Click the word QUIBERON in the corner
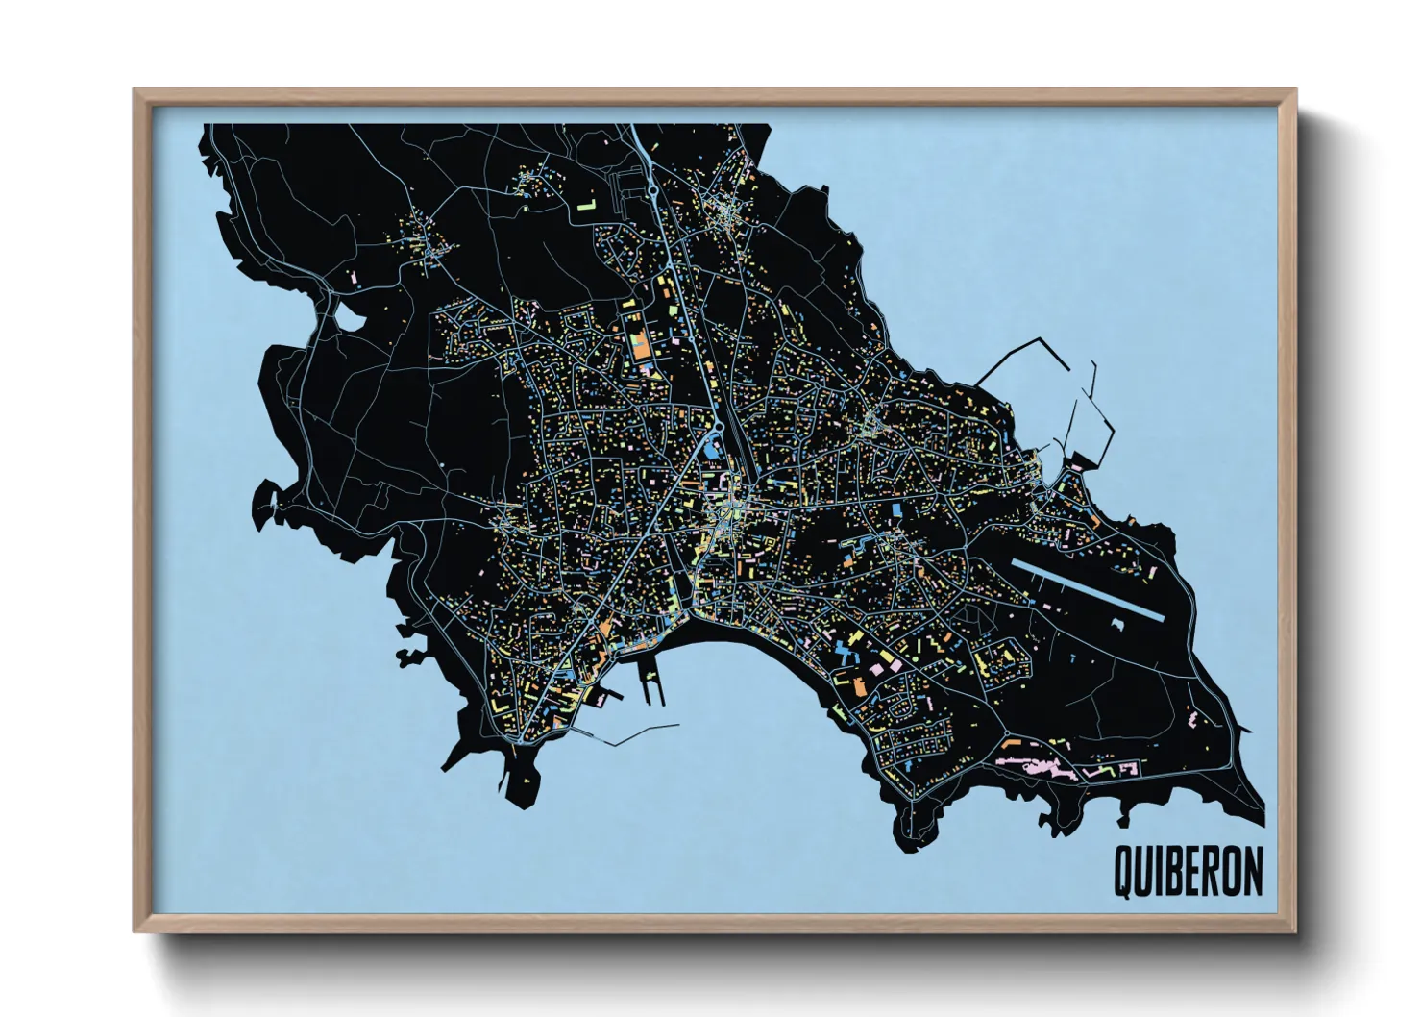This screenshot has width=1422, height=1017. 1188,872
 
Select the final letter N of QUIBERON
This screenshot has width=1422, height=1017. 1252,872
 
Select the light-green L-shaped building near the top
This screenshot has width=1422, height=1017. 587,204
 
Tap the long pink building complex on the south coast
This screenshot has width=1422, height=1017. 1038,766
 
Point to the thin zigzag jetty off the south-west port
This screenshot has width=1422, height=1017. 634,735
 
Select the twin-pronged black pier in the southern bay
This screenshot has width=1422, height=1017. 653,687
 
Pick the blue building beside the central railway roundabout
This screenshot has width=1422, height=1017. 711,446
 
